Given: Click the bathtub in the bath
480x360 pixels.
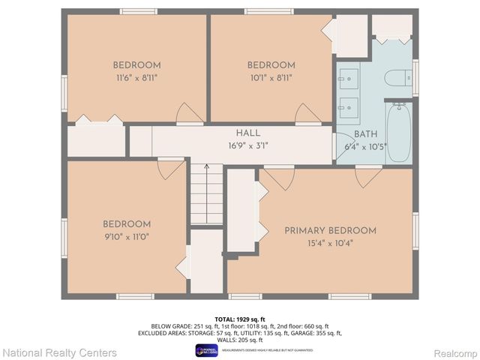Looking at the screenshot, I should click(x=398, y=133).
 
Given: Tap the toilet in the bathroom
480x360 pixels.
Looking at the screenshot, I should click(x=395, y=78).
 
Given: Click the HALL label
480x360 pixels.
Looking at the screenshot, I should click(x=227, y=131).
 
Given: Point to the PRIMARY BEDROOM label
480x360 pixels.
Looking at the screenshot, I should click(x=330, y=230).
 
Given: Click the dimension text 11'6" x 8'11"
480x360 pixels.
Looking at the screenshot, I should click(x=136, y=76).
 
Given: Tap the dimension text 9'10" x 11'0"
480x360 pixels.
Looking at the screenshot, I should click(x=127, y=236).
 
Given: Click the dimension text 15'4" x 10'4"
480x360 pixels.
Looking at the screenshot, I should click(x=330, y=242).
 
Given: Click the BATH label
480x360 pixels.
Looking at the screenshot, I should click(x=365, y=134).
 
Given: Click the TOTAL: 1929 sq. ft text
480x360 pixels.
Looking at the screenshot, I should click(x=240, y=319).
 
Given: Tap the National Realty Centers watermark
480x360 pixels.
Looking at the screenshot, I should click(x=59, y=352).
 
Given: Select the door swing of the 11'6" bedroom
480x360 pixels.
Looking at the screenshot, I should click(x=189, y=113).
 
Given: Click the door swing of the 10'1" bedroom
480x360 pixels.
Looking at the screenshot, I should click(x=308, y=113).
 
